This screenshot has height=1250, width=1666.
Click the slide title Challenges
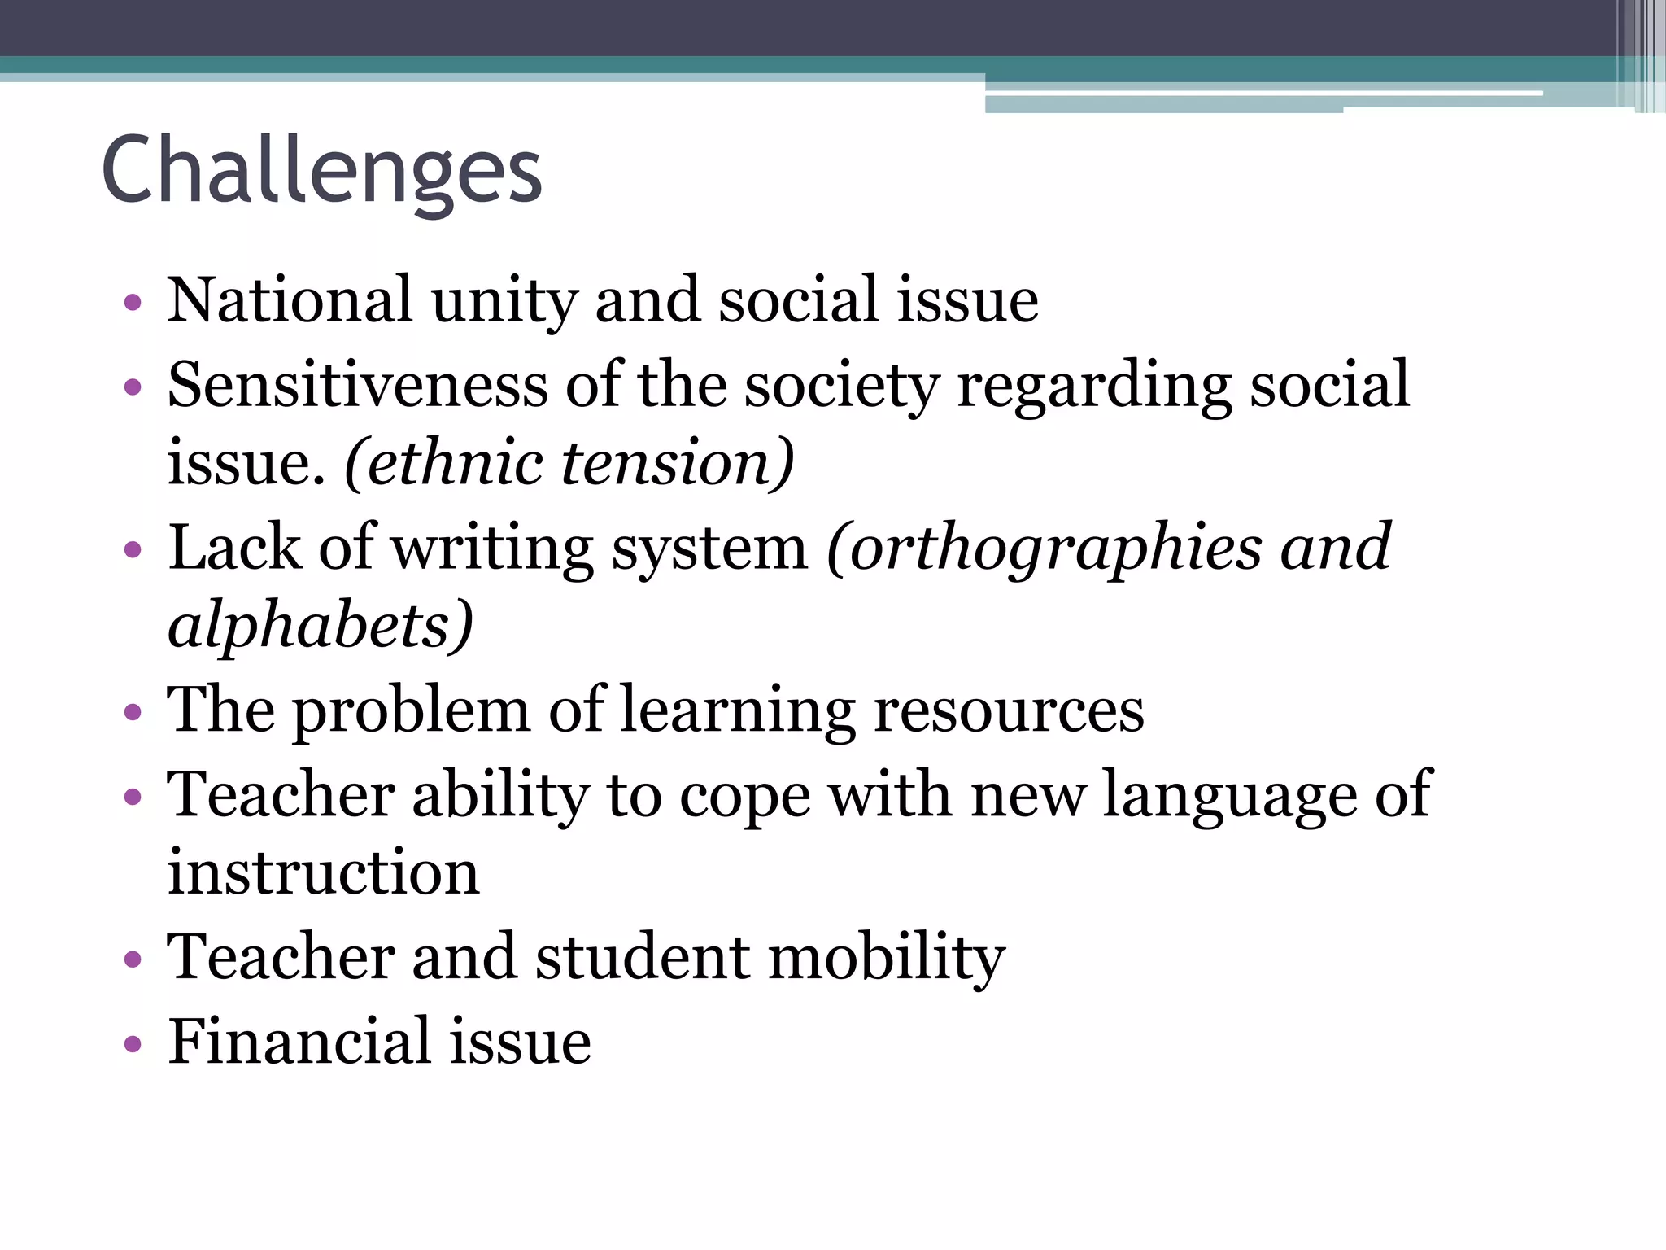321,171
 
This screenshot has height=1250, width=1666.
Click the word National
290,300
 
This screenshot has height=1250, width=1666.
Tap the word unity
504,303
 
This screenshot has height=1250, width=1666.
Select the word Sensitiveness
358,384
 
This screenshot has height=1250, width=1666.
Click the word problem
411,712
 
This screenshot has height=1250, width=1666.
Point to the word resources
1009,712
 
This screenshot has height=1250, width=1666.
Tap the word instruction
324,872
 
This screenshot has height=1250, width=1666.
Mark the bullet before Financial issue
133,1043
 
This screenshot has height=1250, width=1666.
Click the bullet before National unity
133,304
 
